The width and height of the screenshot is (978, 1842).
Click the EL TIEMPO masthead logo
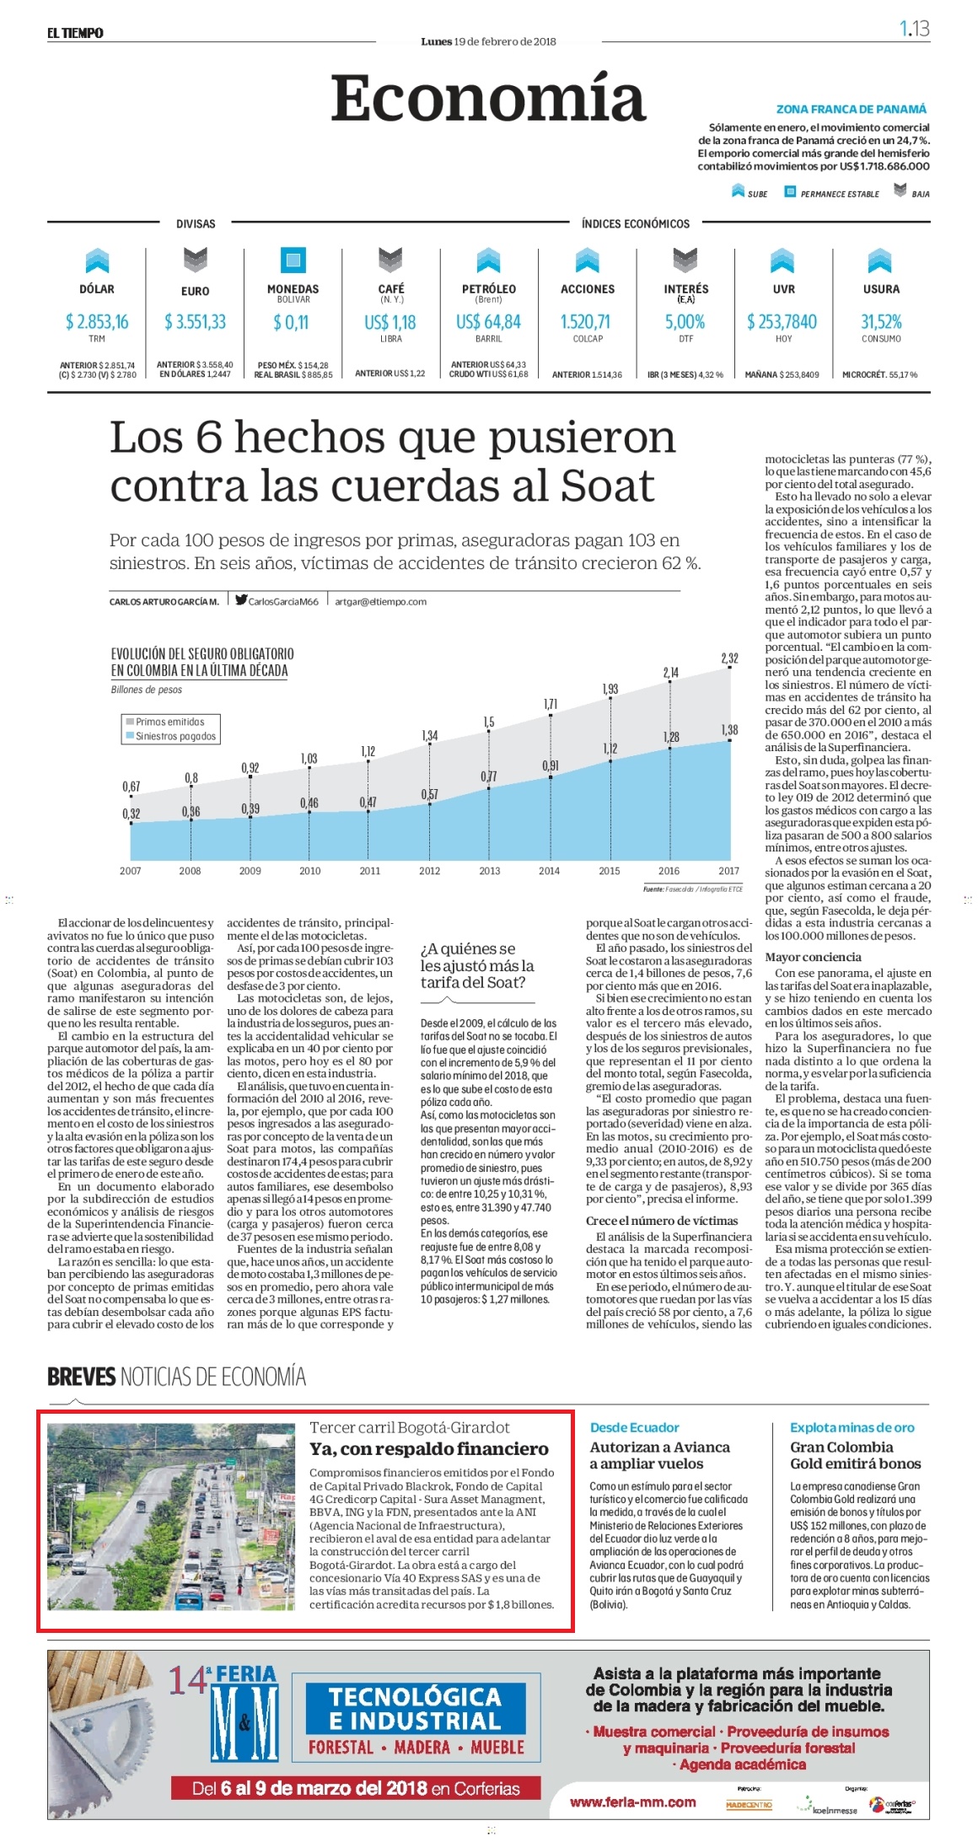tap(75, 33)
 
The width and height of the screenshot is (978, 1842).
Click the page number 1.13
tap(914, 29)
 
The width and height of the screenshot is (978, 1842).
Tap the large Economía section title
tap(488, 99)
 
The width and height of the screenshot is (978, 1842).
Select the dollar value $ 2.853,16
tap(97, 321)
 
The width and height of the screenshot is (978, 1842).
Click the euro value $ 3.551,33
tap(195, 321)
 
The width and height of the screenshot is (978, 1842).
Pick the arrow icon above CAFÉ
tap(390, 260)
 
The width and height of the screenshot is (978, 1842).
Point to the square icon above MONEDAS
tap(293, 260)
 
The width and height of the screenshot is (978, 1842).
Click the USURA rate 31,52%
tap(881, 321)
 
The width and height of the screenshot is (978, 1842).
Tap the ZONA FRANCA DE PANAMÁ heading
tap(852, 109)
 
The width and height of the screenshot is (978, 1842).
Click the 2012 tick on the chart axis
tap(430, 871)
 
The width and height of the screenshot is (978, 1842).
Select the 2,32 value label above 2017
tap(729, 658)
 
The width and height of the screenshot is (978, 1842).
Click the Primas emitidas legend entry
tap(165, 722)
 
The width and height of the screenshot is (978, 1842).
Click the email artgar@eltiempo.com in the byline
tap(380, 602)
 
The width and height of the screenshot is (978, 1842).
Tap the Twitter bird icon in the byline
tap(241, 600)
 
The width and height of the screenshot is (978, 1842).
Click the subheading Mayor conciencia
tap(813, 957)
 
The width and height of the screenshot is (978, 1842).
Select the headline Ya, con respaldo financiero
tap(429, 1448)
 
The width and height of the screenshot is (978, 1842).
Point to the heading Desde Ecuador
tap(635, 1427)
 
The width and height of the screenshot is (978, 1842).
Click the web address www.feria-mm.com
tap(633, 1802)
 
